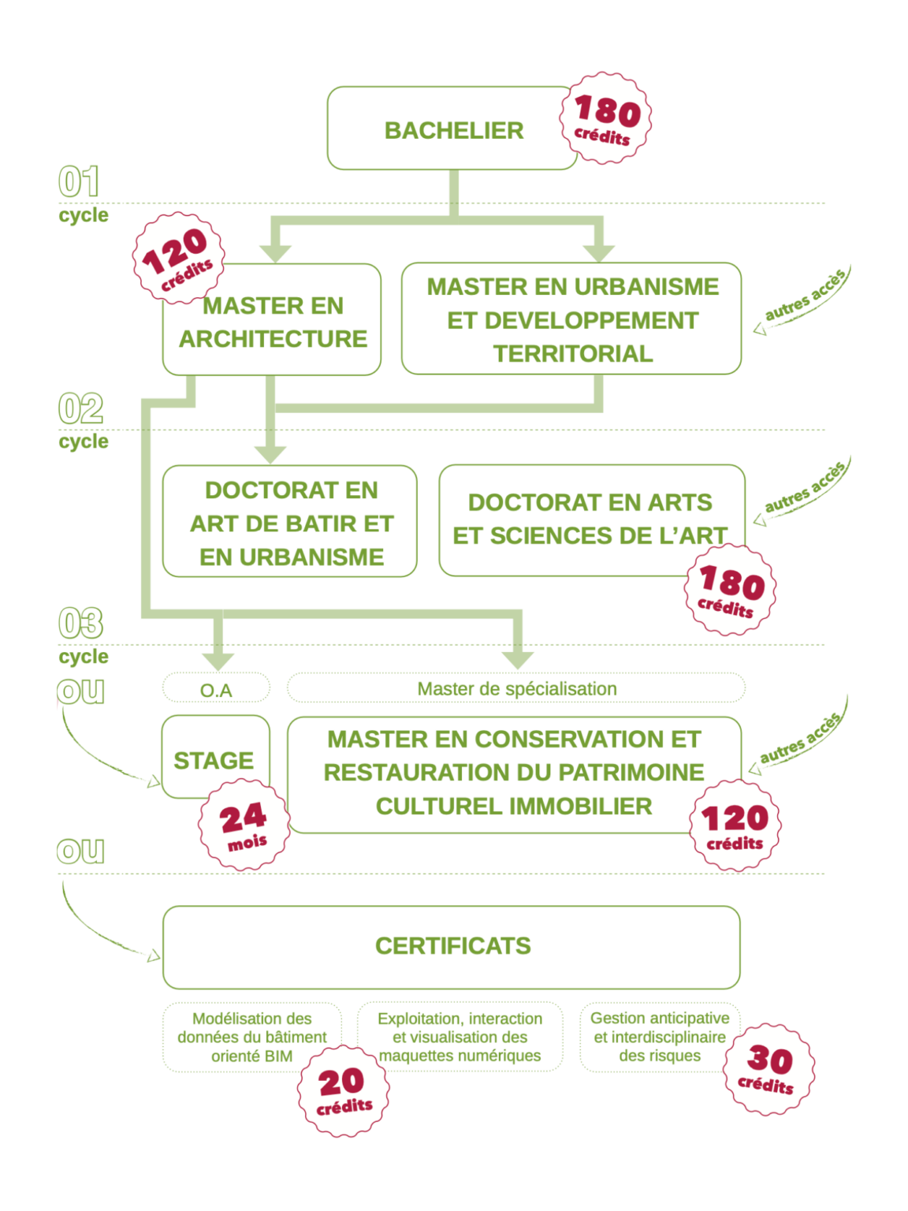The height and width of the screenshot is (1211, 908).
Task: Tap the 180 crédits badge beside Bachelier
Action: [x=605, y=118]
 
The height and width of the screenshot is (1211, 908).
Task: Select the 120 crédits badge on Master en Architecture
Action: [x=179, y=258]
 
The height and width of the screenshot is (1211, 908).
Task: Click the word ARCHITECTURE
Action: [x=273, y=339]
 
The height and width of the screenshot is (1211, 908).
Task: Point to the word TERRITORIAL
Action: [x=573, y=354]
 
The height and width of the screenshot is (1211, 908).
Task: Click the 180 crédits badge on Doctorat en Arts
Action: [x=731, y=590]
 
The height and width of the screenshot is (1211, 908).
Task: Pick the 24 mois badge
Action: [x=244, y=825]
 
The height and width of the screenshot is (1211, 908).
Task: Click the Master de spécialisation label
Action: [x=516, y=688]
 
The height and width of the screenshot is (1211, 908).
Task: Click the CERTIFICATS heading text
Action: [x=452, y=945]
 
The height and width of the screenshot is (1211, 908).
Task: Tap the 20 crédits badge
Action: [x=344, y=1090]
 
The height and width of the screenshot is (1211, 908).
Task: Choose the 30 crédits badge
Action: [x=769, y=1069]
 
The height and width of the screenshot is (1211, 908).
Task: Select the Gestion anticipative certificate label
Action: [x=660, y=1037]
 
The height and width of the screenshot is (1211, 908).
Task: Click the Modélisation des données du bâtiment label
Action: [x=252, y=1038]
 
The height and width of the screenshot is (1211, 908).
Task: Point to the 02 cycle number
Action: [x=80, y=409]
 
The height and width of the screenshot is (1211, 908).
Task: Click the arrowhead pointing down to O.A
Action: [x=218, y=661]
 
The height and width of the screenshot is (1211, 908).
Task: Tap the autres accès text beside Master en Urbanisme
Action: [x=805, y=295]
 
